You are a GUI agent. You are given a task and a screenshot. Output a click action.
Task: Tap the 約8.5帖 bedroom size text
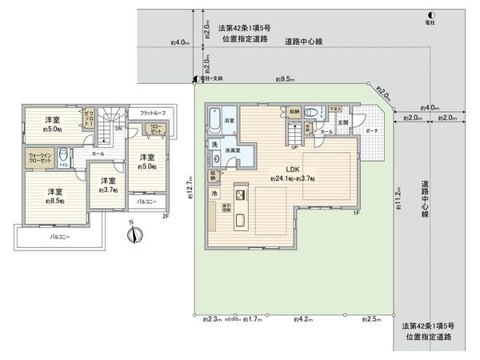54,202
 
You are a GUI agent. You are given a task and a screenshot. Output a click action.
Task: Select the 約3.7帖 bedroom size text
103,191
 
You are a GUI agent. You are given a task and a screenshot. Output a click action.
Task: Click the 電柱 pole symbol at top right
431,14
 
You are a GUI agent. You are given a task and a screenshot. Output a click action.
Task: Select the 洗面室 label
233,150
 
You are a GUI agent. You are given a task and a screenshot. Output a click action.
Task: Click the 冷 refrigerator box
215,194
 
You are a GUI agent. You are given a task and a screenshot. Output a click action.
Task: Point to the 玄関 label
343,122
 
